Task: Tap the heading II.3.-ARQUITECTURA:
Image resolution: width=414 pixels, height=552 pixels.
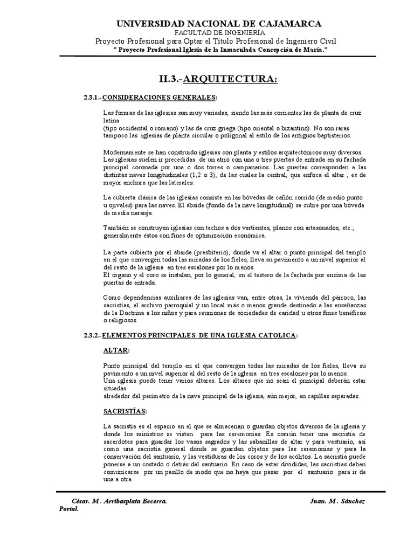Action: pyautogui.click(x=218, y=80)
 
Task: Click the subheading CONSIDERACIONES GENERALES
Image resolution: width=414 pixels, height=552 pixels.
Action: pyautogui.click(x=160, y=96)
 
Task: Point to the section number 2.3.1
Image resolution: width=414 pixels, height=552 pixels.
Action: pyautogui.click(x=90, y=96)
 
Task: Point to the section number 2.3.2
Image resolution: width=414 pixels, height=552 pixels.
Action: pyautogui.click(x=90, y=335)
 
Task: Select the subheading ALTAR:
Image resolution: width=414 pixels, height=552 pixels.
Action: pyautogui.click(x=116, y=350)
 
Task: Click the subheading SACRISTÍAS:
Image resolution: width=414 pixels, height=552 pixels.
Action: pyautogui.click(x=125, y=411)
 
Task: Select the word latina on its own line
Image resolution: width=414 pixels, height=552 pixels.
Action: pyautogui.click(x=111, y=121)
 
